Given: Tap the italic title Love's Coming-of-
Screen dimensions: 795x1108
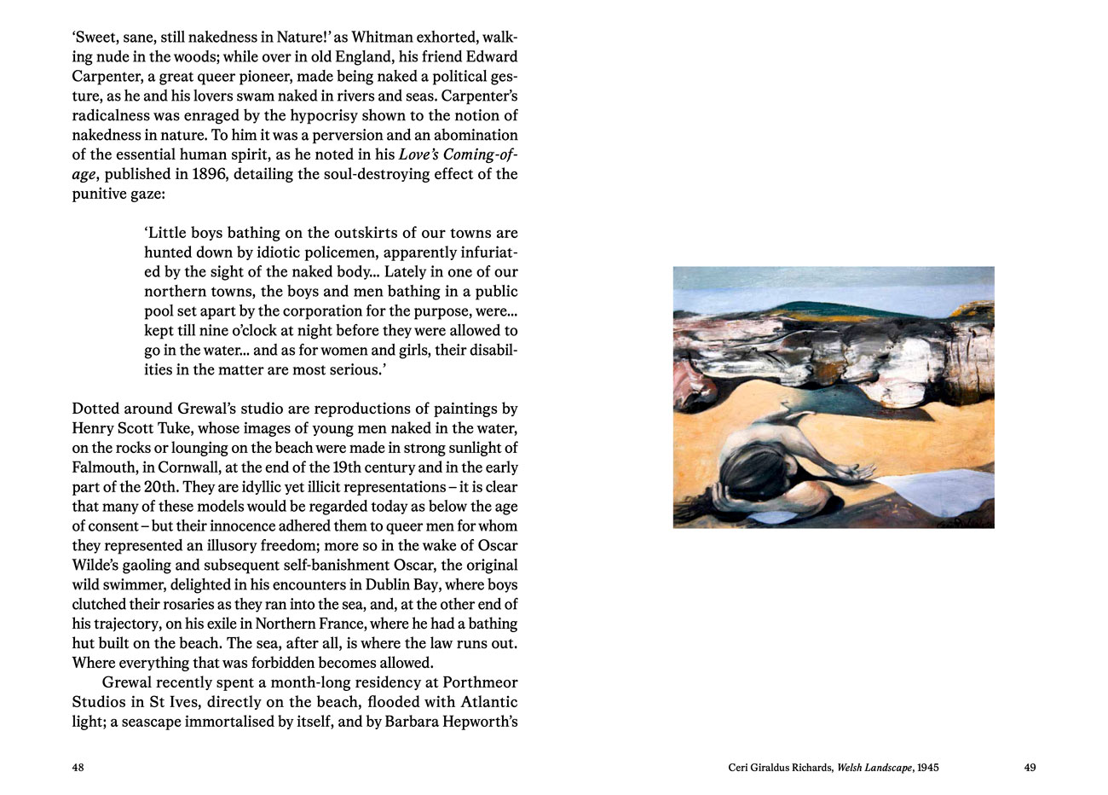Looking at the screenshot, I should click(x=458, y=154).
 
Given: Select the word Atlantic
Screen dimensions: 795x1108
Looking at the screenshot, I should click(x=488, y=702).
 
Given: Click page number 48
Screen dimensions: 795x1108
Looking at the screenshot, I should click(x=78, y=768).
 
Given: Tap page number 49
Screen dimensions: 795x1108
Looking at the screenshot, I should click(x=1030, y=768).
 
